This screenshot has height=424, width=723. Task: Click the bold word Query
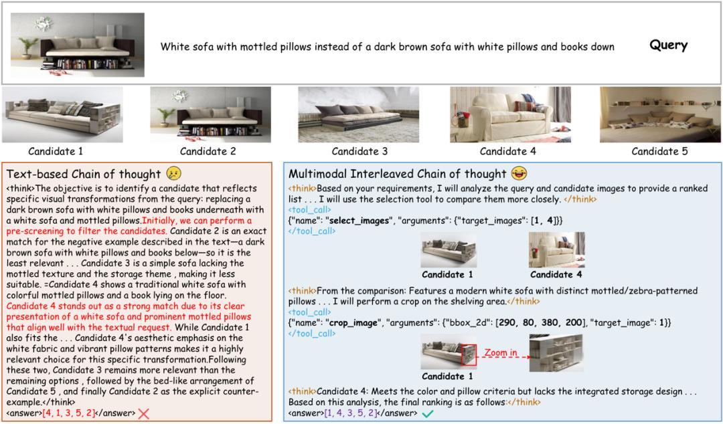pyautogui.click(x=668, y=45)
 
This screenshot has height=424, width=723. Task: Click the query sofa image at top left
pyautogui.click(x=78, y=45)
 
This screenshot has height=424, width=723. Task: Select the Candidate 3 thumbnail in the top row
pyautogui.click(x=359, y=114)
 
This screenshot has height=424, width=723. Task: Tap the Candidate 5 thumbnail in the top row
pyautogui.click(x=659, y=114)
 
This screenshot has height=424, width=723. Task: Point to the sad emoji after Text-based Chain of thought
pyautogui.click(x=174, y=174)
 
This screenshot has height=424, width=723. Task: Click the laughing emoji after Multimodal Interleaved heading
pyautogui.click(x=518, y=174)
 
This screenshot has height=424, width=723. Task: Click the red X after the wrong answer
pyautogui.click(x=143, y=414)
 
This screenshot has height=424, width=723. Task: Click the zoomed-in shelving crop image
pyautogui.click(x=556, y=352)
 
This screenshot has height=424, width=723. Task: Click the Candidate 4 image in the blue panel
pyautogui.click(x=556, y=250)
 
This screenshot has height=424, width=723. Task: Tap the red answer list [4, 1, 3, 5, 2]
pyautogui.click(x=69, y=413)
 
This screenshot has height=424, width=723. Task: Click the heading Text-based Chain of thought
pyautogui.click(x=84, y=175)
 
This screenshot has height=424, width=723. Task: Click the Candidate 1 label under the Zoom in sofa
pyautogui.click(x=447, y=377)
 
